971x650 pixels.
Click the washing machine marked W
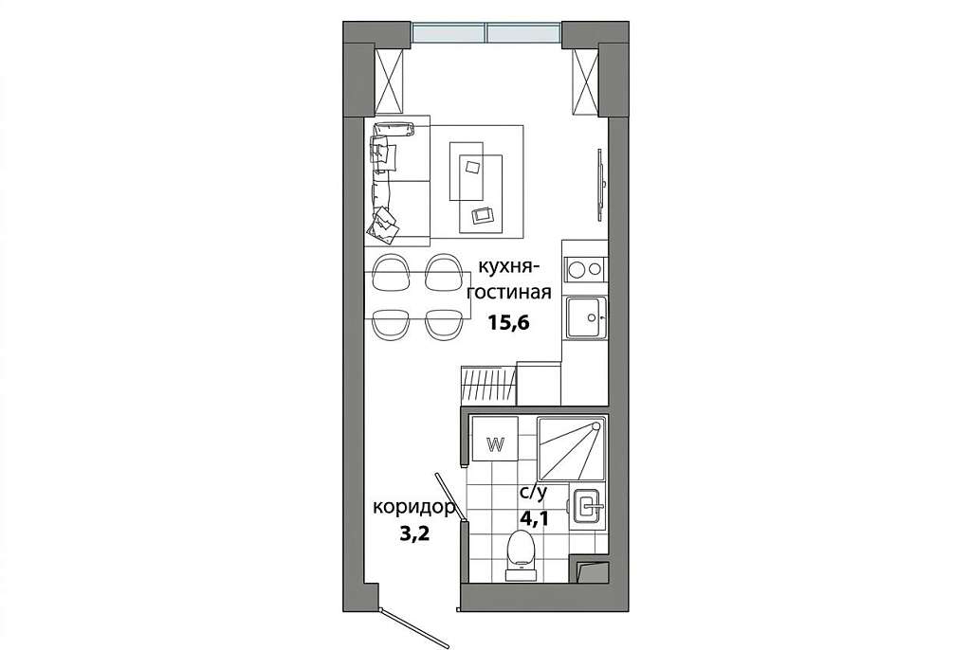(495, 439)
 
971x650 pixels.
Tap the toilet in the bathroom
(521, 554)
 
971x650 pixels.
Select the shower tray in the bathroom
(571, 448)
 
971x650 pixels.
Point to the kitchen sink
(586, 317)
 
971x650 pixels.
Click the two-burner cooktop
(585, 269)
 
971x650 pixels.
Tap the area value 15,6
(508, 322)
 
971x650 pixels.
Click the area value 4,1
(534, 518)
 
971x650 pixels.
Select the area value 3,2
(414, 534)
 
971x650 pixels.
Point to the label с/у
(533, 494)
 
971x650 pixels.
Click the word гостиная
(509, 292)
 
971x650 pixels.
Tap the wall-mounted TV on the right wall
(599, 185)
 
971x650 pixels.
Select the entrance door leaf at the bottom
(413, 627)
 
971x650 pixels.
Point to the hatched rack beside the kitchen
(488, 385)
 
